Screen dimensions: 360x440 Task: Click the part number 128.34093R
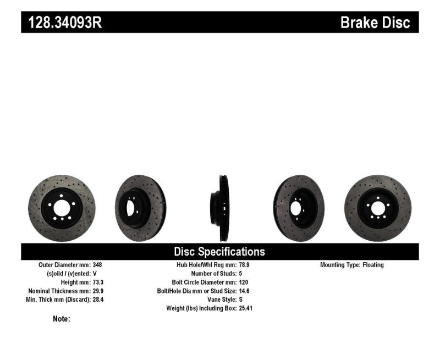point(62,22)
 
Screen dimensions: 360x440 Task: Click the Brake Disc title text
point(375,23)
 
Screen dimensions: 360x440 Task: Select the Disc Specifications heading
point(219,252)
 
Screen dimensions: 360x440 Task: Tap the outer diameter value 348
point(97,265)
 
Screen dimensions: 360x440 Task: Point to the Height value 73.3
point(98,283)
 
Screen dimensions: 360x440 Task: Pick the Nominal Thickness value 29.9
point(98,291)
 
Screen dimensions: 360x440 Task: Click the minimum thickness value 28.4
point(98,300)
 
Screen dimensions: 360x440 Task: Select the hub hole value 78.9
point(244,265)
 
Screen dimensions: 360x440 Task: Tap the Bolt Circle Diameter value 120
point(244,283)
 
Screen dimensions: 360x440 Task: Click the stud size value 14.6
point(244,291)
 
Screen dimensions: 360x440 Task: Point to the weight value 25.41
point(246,308)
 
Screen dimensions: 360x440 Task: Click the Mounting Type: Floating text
point(352,265)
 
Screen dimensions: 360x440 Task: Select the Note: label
point(62,319)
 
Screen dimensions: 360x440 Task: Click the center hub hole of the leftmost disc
point(61,208)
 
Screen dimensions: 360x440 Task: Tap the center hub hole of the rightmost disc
point(378,208)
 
